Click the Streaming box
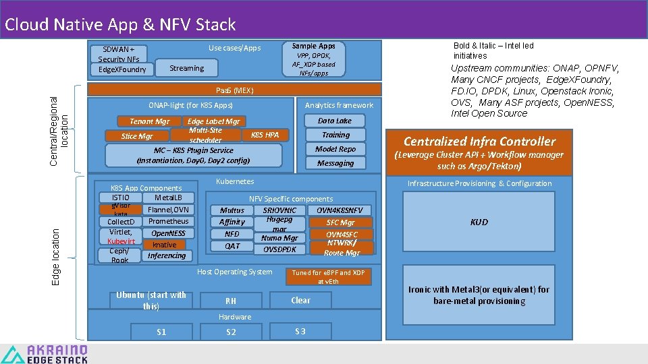pos(187,68)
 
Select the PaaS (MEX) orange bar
pos(235,90)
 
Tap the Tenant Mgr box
pos(150,121)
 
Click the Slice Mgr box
pos(137,136)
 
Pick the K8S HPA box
pos(265,135)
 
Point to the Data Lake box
pos(335,121)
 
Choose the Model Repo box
pos(335,149)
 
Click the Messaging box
pos(335,163)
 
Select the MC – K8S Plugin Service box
pos(194,156)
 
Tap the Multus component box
pos(232,210)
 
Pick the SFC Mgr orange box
pos(340,222)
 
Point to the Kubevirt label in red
pos(122,241)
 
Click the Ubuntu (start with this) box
pos(151,301)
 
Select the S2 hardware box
pos(231,332)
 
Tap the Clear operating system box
pos(300,301)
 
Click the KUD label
pos(479,222)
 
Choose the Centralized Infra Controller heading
pos(479,142)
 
